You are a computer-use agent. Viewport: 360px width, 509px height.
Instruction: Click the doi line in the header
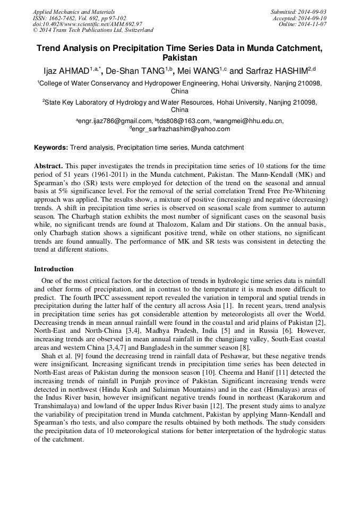click(88, 24)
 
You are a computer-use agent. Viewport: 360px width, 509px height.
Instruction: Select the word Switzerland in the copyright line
click(135, 30)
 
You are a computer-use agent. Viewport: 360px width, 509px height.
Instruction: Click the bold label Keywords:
click(51, 148)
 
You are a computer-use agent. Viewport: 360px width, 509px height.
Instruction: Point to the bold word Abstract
click(48, 166)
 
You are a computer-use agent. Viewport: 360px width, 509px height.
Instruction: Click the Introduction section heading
click(54, 269)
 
